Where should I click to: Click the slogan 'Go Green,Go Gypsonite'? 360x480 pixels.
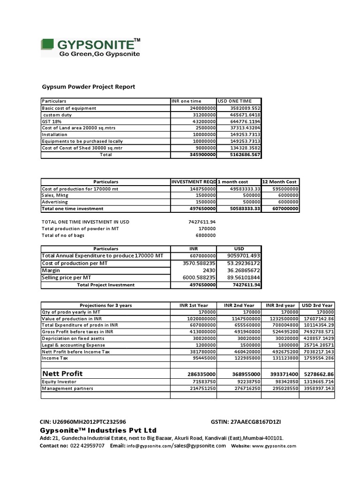point(99,54)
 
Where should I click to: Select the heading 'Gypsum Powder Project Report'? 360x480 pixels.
point(89,87)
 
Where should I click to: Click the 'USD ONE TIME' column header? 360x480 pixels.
point(234,101)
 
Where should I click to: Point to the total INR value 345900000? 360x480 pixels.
point(202,154)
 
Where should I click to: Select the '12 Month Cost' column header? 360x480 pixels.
point(280,182)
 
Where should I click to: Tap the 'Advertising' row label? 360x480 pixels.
point(54,202)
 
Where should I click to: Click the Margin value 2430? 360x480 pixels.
point(209,270)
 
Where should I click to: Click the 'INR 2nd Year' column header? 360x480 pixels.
point(239,305)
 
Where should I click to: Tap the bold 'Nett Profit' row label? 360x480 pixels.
point(62,374)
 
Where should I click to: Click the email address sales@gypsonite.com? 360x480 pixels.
point(200,446)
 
